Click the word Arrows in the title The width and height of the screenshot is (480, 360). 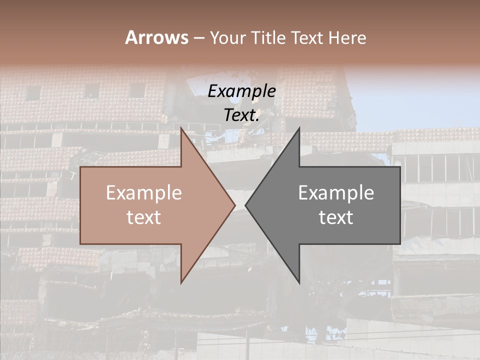[156, 37]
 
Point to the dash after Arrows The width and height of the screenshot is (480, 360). [198, 38]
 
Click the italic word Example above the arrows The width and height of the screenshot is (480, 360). [241, 91]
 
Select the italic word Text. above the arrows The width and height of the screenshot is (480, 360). [241, 115]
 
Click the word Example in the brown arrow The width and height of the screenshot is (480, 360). [144, 193]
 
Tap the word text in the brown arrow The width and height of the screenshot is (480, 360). [144, 217]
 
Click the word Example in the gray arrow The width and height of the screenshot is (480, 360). [336, 193]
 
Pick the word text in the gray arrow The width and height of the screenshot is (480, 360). [336, 217]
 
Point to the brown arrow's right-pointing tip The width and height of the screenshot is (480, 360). [235, 205]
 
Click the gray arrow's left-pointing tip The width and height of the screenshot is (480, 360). [245, 205]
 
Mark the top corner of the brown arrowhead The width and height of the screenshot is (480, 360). [181, 128]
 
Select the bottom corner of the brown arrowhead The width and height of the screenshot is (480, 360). [181, 283]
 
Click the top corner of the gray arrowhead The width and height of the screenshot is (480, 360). [299, 128]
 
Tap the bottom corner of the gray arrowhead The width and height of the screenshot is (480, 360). [299, 283]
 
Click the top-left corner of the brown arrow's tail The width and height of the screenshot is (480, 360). [80, 167]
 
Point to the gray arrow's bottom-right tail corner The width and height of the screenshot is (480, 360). [400, 244]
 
